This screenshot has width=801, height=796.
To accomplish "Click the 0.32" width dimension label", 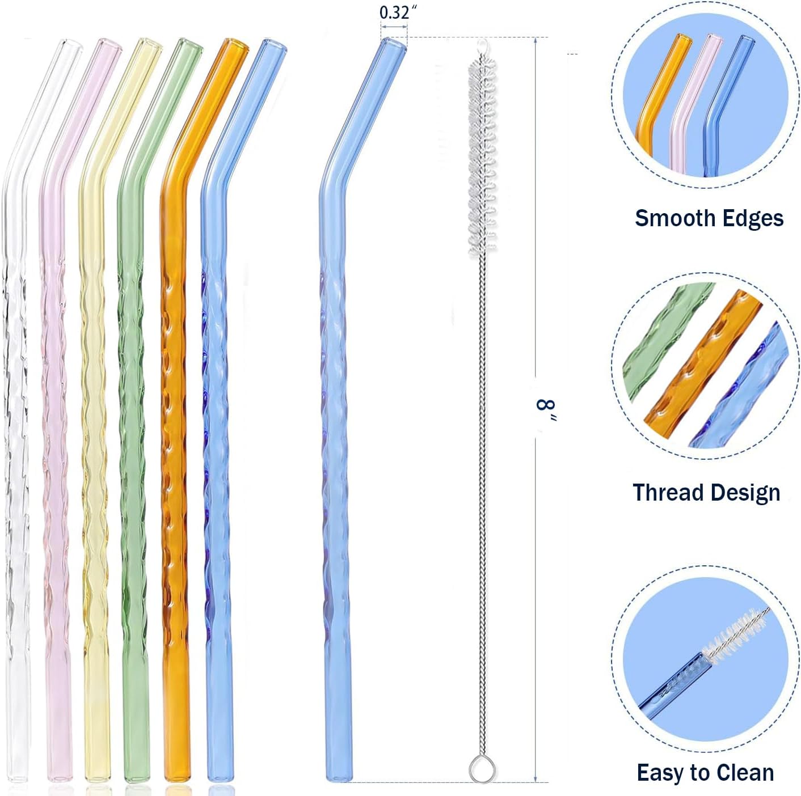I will [394, 12].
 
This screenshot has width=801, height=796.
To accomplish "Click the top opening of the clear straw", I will [71, 45].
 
